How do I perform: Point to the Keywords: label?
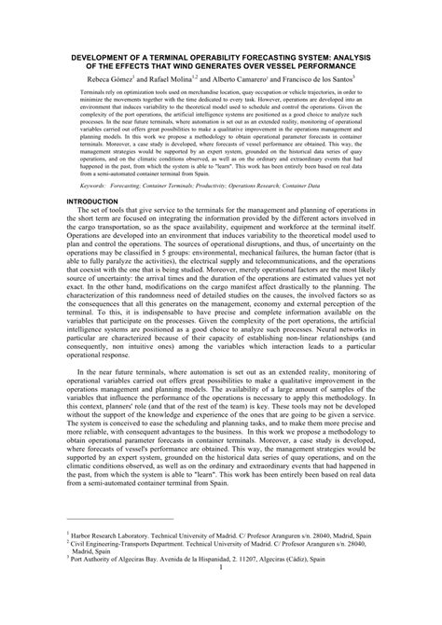point(96,214)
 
